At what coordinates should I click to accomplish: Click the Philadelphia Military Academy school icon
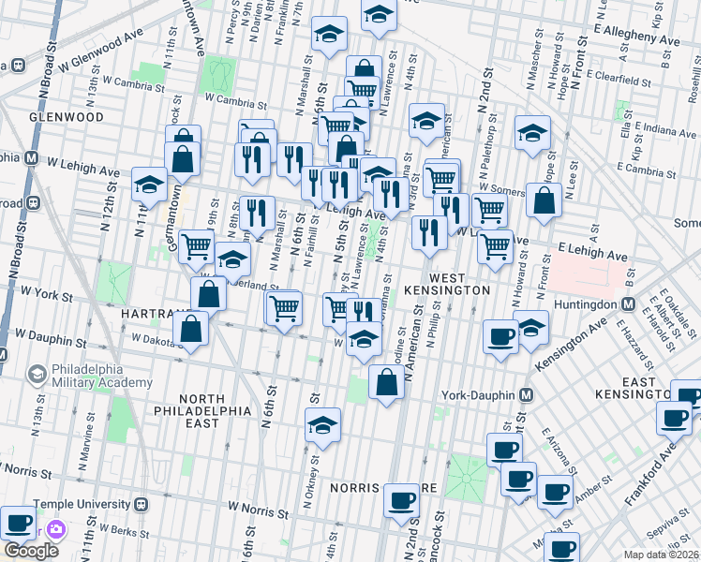[x=38, y=376]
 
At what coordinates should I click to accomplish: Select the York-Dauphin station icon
[x=527, y=395]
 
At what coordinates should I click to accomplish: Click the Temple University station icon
[x=142, y=504]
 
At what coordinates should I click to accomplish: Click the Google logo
[x=31, y=551]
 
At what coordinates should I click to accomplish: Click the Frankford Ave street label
[x=662, y=471]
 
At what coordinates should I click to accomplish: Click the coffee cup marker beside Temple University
[x=18, y=522]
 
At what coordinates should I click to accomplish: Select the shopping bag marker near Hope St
[x=544, y=199]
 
